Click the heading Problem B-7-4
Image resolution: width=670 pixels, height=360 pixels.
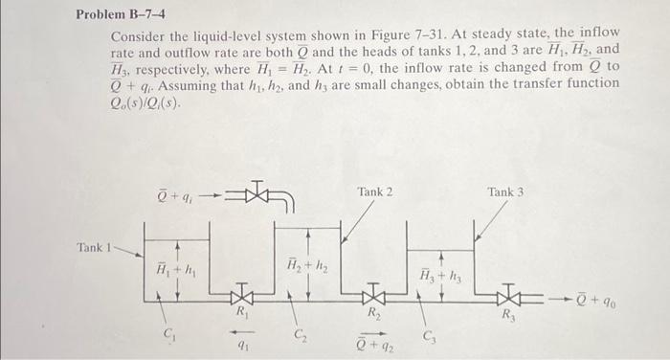pyautogui.click(x=123, y=15)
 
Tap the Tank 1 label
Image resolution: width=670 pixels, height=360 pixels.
pyautogui.click(x=96, y=247)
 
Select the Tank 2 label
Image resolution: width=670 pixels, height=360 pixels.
pyautogui.click(x=374, y=192)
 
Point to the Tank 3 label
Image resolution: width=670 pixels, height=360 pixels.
pyautogui.click(x=505, y=192)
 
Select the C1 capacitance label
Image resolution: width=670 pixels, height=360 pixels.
pyautogui.click(x=170, y=334)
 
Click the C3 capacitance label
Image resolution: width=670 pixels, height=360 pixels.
pyautogui.click(x=429, y=334)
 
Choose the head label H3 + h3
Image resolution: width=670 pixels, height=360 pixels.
pyautogui.click(x=440, y=276)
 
